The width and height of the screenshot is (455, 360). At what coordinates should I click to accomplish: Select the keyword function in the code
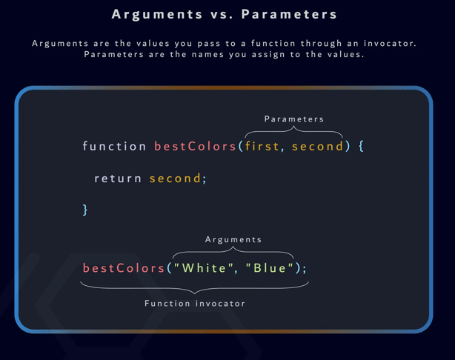pyautogui.click(x=115, y=146)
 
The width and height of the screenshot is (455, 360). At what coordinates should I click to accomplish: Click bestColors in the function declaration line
pyautogui.click(x=196, y=146)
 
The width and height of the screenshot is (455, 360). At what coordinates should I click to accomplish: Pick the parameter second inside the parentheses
pyautogui.click(x=318, y=146)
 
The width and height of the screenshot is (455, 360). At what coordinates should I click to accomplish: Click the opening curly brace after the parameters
pyautogui.click(x=361, y=146)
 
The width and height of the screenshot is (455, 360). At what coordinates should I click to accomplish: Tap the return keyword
pyautogui.click(x=118, y=178)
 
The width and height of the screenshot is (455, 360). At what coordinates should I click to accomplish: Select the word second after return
pyautogui.click(x=175, y=178)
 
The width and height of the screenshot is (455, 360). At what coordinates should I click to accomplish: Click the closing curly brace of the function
pyautogui.click(x=85, y=210)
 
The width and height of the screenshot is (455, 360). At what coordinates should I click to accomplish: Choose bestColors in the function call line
pyautogui.click(x=124, y=267)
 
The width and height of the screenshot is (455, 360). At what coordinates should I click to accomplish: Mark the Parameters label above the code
pyautogui.click(x=294, y=119)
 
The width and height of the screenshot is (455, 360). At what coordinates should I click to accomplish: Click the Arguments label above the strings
pyautogui.click(x=233, y=239)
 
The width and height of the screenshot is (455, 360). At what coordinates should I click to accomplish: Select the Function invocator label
pyautogui.click(x=195, y=303)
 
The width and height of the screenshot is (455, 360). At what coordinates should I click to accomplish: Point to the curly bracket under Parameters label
pyautogui.click(x=294, y=131)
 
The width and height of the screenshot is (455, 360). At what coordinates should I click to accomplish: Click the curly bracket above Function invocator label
pyautogui.click(x=194, y=288)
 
